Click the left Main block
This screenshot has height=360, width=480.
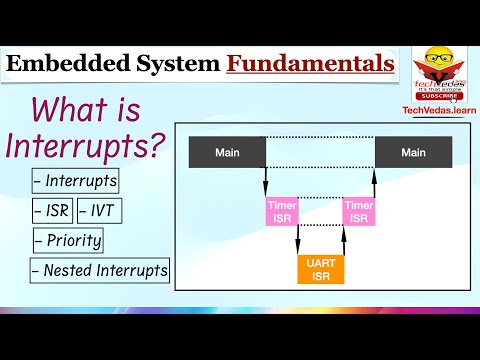tap(227, 152)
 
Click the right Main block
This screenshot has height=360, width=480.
tap(413, 152)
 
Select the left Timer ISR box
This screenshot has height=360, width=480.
tap(282, 211)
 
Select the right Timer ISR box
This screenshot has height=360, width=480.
tap(358, 211)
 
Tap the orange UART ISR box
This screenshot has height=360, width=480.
tap(320, 269)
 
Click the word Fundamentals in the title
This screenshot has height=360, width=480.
tap(310, 64)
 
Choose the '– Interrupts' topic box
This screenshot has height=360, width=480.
tap(75, 182)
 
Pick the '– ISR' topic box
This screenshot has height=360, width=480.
tap(51, 211)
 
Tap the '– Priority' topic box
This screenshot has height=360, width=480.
tap(67, 241)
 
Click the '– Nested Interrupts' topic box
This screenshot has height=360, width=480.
tap(99, 270)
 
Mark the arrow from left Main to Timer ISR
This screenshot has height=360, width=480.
tap(266, 181)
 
